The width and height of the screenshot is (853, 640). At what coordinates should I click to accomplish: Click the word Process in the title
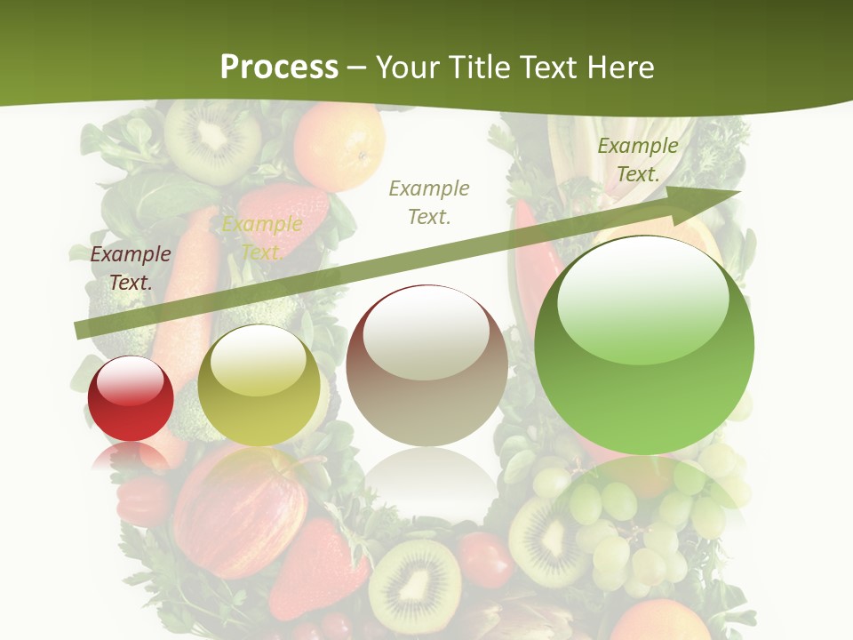279,68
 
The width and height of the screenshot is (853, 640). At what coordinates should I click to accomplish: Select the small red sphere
131,398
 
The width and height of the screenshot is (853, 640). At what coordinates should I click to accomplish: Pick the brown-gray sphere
427,365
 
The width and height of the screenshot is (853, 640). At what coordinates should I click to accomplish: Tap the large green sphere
644,345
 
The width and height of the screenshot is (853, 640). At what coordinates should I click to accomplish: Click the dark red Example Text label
131,268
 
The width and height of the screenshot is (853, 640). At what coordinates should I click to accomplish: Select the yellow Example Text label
261,238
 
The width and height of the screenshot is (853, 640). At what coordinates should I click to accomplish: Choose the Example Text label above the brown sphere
429,202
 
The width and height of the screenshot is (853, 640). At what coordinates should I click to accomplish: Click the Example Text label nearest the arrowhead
637,160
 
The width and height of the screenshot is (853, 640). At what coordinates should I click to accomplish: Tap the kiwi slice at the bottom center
415,587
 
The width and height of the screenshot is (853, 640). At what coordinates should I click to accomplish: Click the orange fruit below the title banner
339,144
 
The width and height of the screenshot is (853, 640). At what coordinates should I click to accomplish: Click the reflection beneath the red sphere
131,457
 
